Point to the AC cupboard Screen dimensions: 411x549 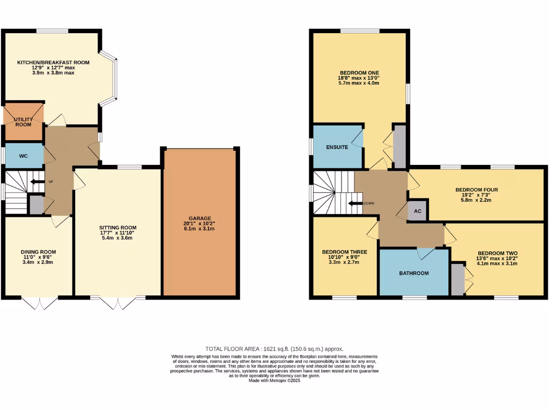pyautogui.click(x=418, y=211)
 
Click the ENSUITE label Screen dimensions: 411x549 pyautogui.click(x=337, y=147)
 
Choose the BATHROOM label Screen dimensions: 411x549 pyautogui.click(x=413, y=273)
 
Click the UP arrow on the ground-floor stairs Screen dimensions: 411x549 pyautogui.click(x=39, y=182)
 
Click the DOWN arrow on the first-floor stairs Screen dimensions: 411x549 pyautogui.click(x=355, y=203)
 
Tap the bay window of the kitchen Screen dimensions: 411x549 pyautogui.click(x=113, y=75)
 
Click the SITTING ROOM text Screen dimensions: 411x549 pyautogui.click(x=118, y=227)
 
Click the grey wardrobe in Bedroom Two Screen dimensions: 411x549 pyautogui.click(x=457, y=279)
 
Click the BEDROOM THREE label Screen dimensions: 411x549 pyautogui.click(x=344, y=252)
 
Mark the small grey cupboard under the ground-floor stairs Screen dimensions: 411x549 pyautogui.click(x=36, y=205)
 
